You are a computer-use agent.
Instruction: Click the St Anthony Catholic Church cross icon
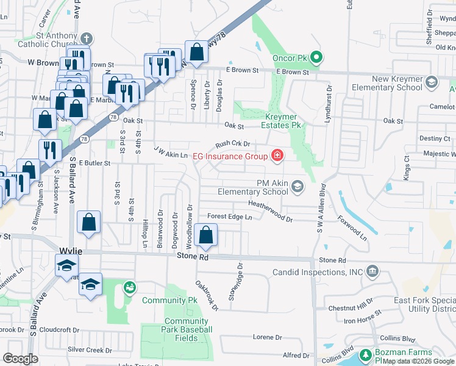[87, 38]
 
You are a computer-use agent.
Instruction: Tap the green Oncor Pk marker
[316, 58]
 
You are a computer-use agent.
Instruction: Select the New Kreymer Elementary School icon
[432, 82]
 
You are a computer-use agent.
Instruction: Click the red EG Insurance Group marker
[277, 156]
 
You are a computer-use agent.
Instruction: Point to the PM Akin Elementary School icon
[297, 186]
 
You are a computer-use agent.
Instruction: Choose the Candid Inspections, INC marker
[372, 271]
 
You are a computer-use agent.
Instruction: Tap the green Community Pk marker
[129, 287]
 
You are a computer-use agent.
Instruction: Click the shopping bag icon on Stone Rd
[207, 235]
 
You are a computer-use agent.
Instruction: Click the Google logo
[21, 358]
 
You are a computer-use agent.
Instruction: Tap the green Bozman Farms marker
[365, 354]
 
